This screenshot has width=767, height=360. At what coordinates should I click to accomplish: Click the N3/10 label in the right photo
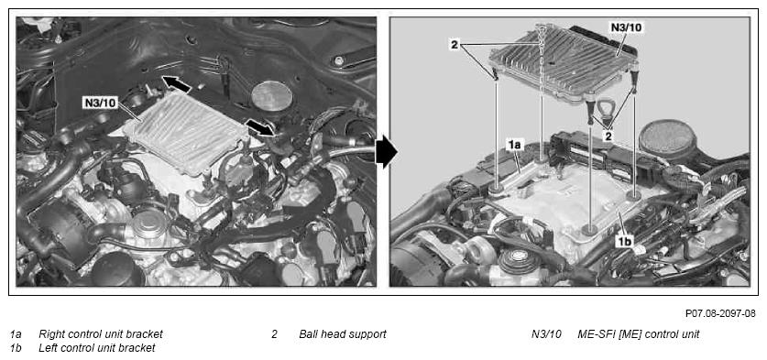627,27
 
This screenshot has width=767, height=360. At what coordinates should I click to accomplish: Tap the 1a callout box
516,145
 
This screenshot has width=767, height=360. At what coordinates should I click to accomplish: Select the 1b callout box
625,240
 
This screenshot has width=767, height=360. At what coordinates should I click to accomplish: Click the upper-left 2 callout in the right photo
455,45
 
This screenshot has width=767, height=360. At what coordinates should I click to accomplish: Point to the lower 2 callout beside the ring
608,136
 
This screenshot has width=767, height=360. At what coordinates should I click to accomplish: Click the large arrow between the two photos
386,152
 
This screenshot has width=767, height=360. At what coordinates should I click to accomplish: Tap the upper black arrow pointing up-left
176,84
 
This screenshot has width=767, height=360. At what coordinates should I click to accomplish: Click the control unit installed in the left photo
185,133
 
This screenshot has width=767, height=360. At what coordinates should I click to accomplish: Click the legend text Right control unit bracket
101,334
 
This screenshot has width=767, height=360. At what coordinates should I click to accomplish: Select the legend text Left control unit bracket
97,348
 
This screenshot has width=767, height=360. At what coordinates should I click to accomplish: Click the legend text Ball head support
343,334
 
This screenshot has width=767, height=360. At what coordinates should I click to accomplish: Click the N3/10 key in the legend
545,334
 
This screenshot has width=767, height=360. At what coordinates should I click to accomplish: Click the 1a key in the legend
16,334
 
